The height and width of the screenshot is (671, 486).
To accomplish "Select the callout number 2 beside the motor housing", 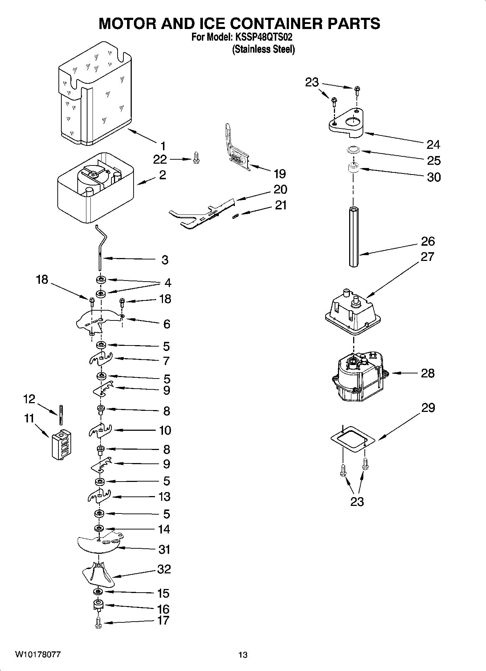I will pyautogui.click(x=162, y=175).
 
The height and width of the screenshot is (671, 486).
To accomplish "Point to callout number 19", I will pyautogui.click(x=279, y=174).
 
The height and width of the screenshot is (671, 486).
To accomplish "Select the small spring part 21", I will pyautogui.click(x=235, y=216).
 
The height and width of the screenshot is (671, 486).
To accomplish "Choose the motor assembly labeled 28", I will pyautogui.click(x=359, y=377).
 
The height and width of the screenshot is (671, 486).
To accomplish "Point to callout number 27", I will pyautogui.click(x=427, y=257).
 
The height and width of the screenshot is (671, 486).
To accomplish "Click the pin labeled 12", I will pyautogui.click(x=61, y=414).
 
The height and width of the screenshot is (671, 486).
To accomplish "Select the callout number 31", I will pyautogui.click(x=164, y=549).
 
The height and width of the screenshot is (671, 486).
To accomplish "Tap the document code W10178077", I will pyautogui.click(x=38, y=655).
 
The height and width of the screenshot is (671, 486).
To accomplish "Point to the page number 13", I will pyautogui.click(x=243, y=655).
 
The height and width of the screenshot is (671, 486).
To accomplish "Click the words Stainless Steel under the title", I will pyautogui.click(x=263, y=49).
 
